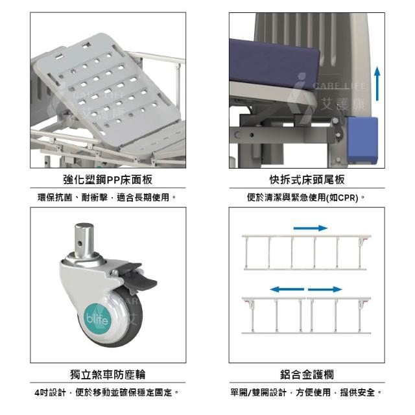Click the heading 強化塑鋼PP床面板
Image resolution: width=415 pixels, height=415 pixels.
108,180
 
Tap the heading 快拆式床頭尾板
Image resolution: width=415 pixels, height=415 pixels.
307,180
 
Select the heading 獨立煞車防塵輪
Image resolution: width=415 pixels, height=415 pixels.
108,375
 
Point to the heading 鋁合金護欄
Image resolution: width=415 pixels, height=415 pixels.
307,375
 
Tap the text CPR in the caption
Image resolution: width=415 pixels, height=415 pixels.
348,198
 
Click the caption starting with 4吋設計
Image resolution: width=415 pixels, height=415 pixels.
107,392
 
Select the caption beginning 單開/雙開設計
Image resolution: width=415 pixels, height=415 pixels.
306,392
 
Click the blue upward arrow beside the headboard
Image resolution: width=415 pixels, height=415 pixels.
377,84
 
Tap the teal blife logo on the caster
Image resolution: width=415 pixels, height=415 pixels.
97,318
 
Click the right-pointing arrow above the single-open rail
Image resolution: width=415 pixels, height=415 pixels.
311,228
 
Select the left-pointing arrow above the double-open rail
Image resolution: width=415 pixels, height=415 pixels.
287,289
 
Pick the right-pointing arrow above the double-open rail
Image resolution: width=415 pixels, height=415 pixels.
325,289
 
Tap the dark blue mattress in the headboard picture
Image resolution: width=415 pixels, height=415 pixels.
272,64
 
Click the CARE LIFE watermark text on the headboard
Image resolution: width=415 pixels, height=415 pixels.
340,86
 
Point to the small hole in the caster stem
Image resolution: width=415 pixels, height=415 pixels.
80,243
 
